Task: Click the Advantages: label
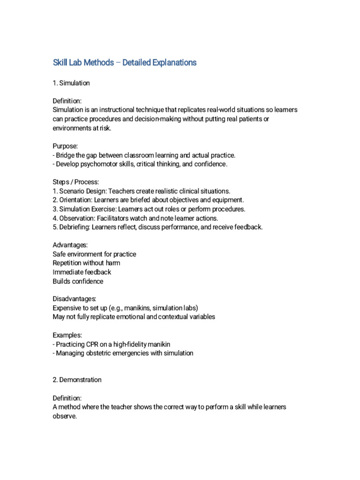(x=70, y=245)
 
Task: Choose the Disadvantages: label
(x=75, y=299)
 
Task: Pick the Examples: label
(x=67, y=335)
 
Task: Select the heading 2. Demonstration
(x=77, y=380)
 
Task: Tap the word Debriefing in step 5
(x=74, y=227)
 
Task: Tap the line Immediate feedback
(x=82, y=272)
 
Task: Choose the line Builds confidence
(x=78, y=281)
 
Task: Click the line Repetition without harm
(x=86, y=263)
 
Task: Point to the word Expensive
(x=67, y=308)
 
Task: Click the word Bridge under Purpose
(x=65, y=155)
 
